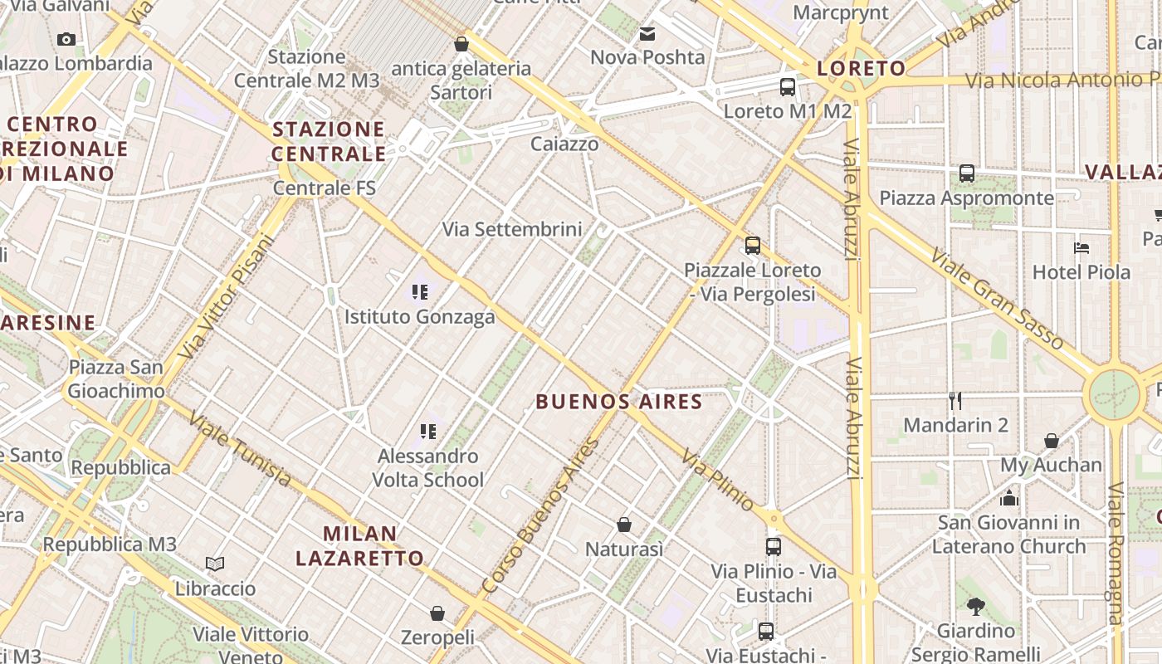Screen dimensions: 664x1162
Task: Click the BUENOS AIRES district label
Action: [x=618, y=403]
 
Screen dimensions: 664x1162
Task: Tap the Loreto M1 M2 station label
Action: [x=787, y=111]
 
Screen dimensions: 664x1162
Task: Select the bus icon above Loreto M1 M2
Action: [x=787, y=87]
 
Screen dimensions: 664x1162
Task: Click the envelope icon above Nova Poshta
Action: [x=647, y=34]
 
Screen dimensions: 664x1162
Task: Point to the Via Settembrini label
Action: [x=512, y=229]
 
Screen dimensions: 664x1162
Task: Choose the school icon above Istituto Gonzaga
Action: [x=420, y=292]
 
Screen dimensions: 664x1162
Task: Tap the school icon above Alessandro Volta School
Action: [x=428, y=432]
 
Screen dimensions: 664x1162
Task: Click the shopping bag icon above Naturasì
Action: [x=624, y=525]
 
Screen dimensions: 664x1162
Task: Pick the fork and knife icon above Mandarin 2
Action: [x=955, y=401]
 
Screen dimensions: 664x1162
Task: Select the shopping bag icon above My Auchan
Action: [x=1052, y=441]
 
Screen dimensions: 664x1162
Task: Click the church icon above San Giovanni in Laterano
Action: [x=1009, y=498]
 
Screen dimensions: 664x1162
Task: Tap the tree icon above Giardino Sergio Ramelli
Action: [x=976, y=607]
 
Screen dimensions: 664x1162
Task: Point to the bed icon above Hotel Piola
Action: [x=1081, y=247]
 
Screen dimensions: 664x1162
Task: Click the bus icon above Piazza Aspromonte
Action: [x=967, y=173]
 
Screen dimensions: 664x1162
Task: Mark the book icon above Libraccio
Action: [x=215, y=564]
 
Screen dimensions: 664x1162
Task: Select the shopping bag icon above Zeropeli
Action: [x=437, y=613]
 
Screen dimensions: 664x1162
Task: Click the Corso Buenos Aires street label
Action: [x=540, y=516]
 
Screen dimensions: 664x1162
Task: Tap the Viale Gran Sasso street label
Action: [x=996, y=298]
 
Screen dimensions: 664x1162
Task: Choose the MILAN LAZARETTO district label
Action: [x=359, y=545]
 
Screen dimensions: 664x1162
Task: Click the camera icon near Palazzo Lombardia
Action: [x=66, y=39]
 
